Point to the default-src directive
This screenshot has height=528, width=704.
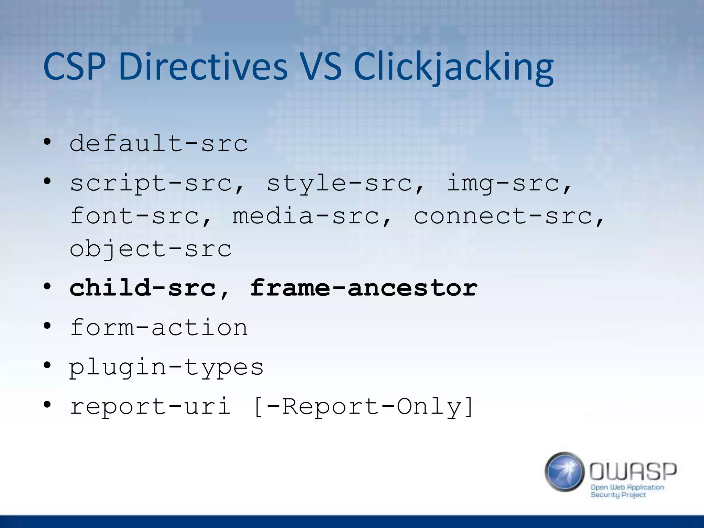pos(158,143)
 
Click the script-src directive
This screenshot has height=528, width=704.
pos(151,183)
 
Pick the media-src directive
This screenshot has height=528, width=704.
pos(306,216)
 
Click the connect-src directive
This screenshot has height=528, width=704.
pos(504,216)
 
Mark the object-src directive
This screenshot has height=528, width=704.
pos(151,249)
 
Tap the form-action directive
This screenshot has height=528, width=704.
pos(158,327)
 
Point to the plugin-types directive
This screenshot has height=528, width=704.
pos(166,367)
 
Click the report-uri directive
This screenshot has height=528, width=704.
pos(150,406)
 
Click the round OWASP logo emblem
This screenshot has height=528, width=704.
pos(564,472)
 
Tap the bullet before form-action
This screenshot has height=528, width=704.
pos(47,326)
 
